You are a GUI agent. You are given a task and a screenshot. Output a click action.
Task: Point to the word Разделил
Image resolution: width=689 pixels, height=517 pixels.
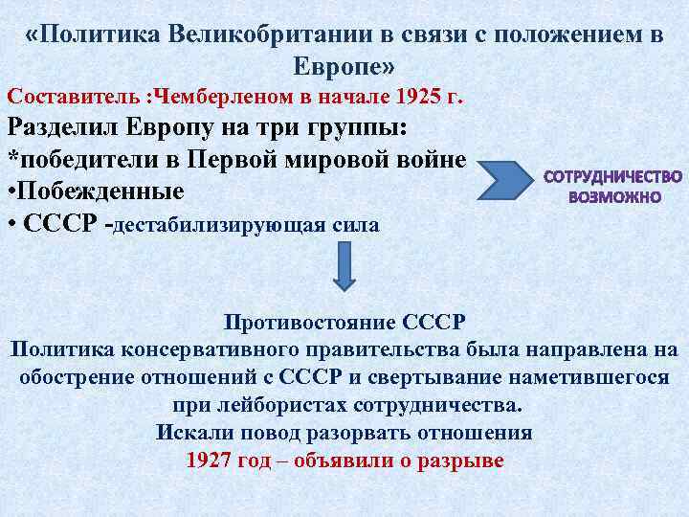tap(67, 128)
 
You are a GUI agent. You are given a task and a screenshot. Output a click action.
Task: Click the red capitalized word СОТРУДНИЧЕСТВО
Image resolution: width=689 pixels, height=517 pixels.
tap(613, 177)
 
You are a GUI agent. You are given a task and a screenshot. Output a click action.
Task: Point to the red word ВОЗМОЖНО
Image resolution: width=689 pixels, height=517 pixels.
tap(613, 197)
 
